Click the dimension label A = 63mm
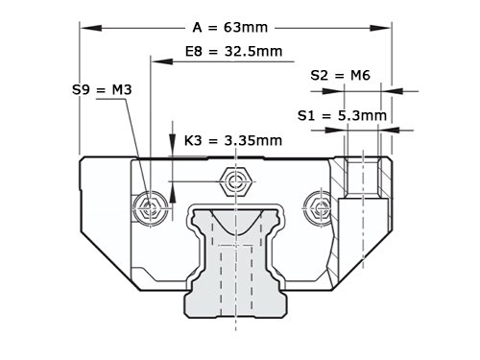pos(230,28)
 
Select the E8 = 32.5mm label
pos(233,51)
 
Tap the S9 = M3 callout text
pos(102,89)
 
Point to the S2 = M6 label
pos(340,75)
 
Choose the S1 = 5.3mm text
pos(342,115)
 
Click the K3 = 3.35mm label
pos(233,140)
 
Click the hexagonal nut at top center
pos(236,181)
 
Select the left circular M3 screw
pos(150,208)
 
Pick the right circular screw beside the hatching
pos(318,208)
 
